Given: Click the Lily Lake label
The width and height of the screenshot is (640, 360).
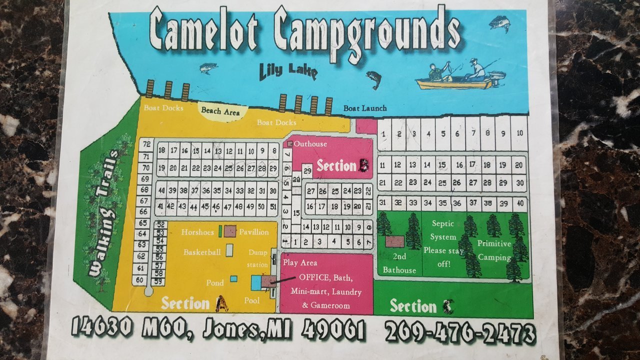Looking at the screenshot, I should coord(288,71).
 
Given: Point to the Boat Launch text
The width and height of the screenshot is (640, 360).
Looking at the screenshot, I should coord(364,108).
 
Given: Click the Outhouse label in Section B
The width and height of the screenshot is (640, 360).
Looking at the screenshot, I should coord(310,144).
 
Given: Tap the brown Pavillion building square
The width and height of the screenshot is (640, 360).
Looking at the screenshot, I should coord(230,231).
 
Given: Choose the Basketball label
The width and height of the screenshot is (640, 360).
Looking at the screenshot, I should coord(202,252).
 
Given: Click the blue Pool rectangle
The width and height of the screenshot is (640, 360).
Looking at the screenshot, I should coord(256,283).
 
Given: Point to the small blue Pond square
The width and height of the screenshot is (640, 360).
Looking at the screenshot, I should coord(233,278).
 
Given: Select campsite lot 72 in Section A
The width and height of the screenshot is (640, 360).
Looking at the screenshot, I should coord(146,144).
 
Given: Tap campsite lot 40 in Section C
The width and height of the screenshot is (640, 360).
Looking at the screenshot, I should coord(520,202).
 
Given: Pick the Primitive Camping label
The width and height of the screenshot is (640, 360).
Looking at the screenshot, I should coord(494,250).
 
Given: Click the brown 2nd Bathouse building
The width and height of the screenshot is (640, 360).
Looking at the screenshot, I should coord(394,242).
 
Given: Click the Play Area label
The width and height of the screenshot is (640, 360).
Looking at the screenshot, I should coord(300,262).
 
